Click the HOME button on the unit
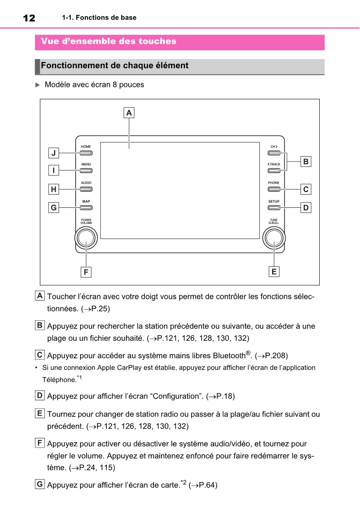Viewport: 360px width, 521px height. pyautogui.click(x=86, y=153)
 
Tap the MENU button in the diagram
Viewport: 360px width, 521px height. pyautogui.click(x=86, y=171)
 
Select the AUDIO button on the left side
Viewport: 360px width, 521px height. pyautogui.click(x=86, y=189)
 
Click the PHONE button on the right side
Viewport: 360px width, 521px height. pyautogui.click(x=274, y=189)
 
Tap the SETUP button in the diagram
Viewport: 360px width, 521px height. pyautogui.click(x=274, y=207)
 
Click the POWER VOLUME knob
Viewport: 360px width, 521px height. pyautogui.click(x=86, y=238)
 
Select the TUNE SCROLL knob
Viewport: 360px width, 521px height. pyautogui.click(x=274, y=238)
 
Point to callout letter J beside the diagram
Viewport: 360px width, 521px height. pyautogui.click(x=53, y=153)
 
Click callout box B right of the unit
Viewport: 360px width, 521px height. pyautogui.click(x=306, y=161)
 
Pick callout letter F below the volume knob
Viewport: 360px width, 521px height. pyautogui.click(x=86, y=272)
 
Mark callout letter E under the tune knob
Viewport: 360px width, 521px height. pyautogui.click(x=274, y=272)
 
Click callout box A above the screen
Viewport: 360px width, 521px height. pyautogui.click(x=129, y=113)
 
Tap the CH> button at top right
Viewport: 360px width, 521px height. pyautogui.click(x=274, y=153)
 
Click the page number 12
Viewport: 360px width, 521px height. pyautogui.click(x=29, y=18)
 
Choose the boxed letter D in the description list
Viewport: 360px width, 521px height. pyautogui.click(x=40, y=396)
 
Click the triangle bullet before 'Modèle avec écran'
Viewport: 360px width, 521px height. pyautogui.click(x=38, y=85)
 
